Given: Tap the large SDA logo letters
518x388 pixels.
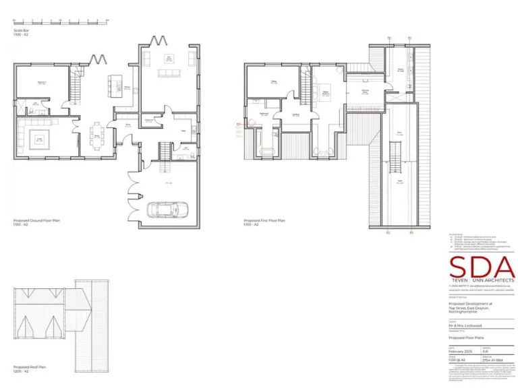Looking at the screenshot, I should point(482,266).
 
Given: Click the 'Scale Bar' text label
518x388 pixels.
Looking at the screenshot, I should point(22,30).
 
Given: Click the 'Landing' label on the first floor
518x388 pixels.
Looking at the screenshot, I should point(295,115).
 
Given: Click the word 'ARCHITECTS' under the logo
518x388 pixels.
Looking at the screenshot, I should point(498,280).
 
